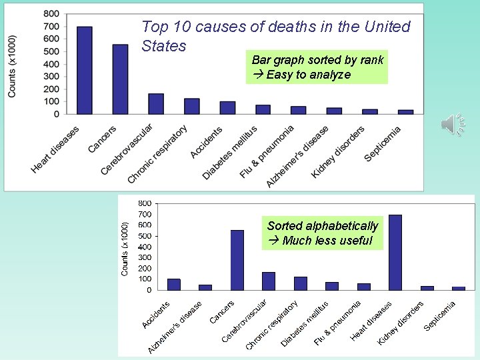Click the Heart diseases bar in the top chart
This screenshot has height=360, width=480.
click(x=85, y=70)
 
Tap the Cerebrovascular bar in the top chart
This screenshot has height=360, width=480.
click(x=156, y=104)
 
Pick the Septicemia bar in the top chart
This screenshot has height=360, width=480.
click(x=405, y=112)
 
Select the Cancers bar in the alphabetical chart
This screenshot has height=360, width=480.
click(x=237, y=260)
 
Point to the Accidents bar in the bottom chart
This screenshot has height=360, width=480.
click(x=174, y=285)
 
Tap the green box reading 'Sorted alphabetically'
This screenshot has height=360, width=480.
click(x=323, y=233)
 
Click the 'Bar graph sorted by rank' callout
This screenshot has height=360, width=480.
click(x=317, y=67)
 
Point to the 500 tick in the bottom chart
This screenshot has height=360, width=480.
click(x=145, y=236)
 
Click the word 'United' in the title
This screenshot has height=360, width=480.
click(x=387, y=27)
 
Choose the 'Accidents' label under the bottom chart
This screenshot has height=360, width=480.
click(x=156, y=315)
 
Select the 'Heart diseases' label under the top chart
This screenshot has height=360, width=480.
click(x=55, y=150)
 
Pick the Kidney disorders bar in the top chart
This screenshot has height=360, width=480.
click(x=370, y=111)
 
